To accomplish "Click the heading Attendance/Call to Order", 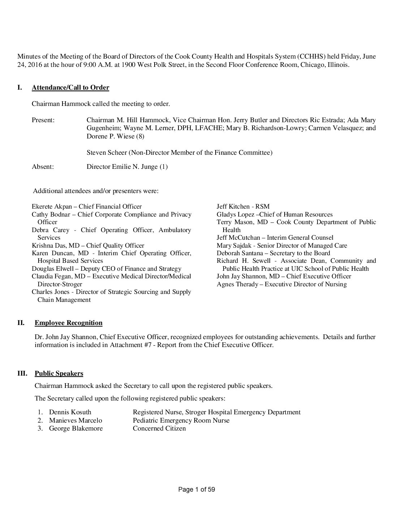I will coord(70,87).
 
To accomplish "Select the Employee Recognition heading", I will coord(69,323).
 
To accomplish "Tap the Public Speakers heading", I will coord(59,373).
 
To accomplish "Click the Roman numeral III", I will coord(22,373).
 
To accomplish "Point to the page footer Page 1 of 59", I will coord(196,489).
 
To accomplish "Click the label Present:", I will coord(43,120).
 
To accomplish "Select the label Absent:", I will coord(43,167).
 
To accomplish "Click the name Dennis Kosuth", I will coord(70,412).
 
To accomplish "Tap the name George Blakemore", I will coord(76,428).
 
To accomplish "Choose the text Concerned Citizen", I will coord(159,428).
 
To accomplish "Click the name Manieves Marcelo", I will coord(75,420).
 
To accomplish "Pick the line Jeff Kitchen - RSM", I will coord(243,207).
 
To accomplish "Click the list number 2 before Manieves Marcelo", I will coord(40,420).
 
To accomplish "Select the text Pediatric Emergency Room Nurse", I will coord(181,420).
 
